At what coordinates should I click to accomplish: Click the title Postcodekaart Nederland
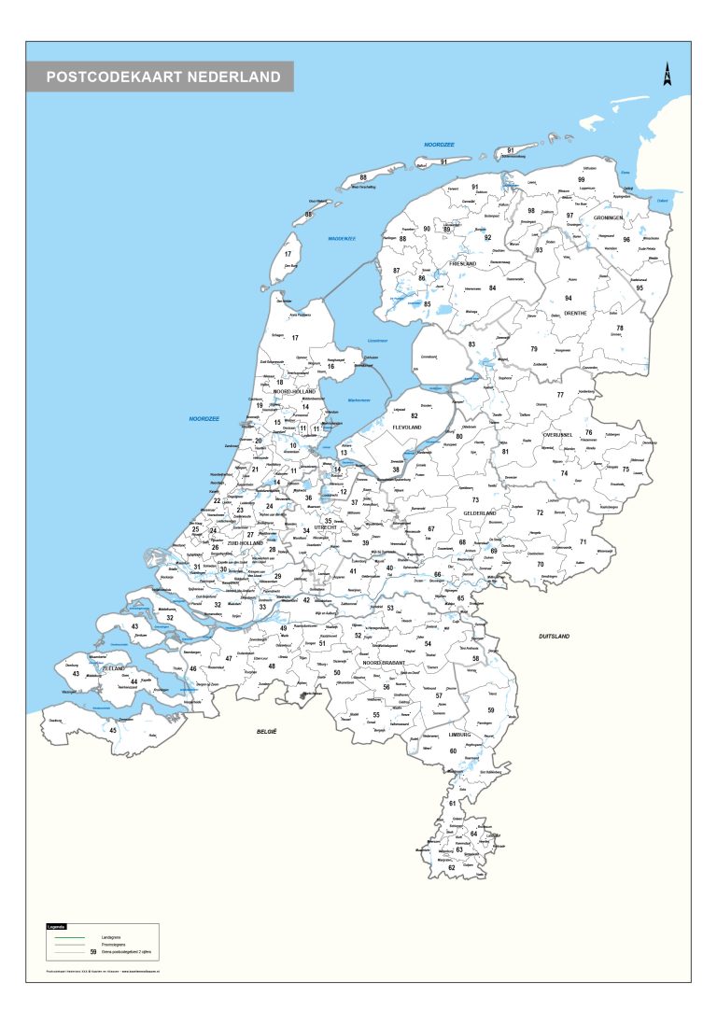[162, 77]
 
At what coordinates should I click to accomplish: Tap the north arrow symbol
[668, 75]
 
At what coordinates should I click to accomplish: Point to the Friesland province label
[463, 264]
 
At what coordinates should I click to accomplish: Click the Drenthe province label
[575, 313]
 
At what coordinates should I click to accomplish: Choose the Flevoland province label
[407, 427]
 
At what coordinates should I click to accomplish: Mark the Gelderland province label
[479, 513]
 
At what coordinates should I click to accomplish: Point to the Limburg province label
[461, 736]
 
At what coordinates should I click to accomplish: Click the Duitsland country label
[554, 636]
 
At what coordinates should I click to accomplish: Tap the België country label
[269, 733]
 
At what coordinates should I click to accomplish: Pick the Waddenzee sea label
[342, 239]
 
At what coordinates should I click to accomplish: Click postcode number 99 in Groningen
[581, 179]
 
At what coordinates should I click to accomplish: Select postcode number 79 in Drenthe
[534, 349]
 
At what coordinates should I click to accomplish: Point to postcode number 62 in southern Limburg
[451, 868]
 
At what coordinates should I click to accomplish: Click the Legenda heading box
[57, 926]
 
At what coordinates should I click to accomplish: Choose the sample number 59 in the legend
[92, 951]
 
